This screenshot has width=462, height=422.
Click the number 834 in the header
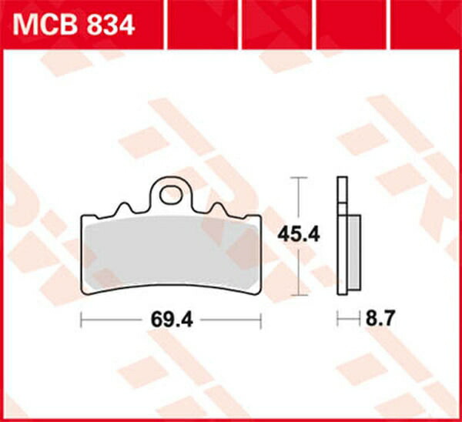point(110,25)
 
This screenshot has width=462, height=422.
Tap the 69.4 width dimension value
point(172,320)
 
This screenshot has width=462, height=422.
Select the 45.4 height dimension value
point(299,235)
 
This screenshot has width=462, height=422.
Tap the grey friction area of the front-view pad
point(171,253)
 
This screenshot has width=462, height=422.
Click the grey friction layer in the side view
point(354,253)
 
